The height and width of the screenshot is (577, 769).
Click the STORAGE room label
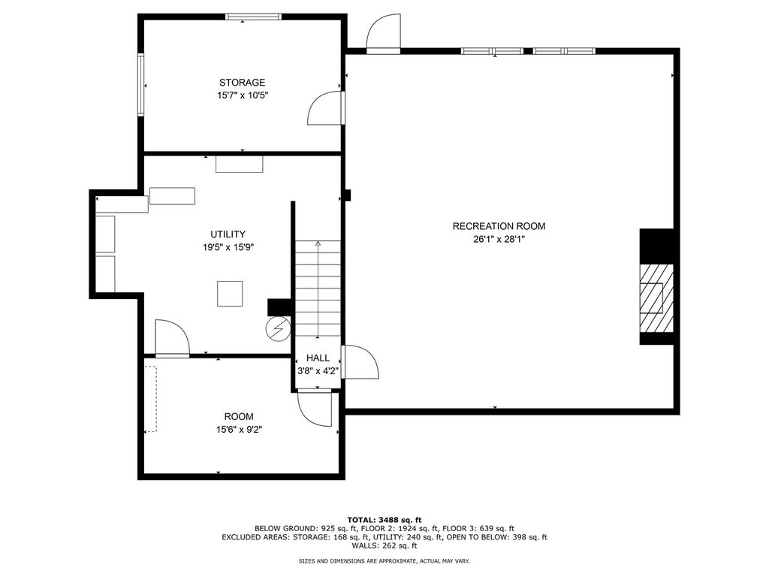click(242, 83)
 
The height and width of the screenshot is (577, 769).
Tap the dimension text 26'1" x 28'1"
click(499, 240)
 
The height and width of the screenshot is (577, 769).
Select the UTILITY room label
click(228, 234)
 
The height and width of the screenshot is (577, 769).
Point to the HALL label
click(318, 358)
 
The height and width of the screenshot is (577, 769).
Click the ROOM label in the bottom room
click(239, 416)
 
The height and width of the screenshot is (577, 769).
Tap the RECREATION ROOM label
click(499, 226)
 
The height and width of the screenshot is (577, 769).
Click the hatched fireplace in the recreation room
click(656, 298)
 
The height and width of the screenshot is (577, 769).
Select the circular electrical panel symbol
click(278, 329)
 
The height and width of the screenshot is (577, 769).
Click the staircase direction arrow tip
click(318, 242)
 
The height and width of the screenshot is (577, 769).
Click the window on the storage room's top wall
click(254, 17)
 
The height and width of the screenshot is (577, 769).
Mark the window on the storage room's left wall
click(140, 84)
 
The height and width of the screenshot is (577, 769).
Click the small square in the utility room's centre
click(230, 294)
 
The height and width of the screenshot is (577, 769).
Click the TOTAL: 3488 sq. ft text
click(384, 520)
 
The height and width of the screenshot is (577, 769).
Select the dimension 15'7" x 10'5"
click(243, 95)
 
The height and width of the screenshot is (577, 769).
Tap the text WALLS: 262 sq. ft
click(384, 545)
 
